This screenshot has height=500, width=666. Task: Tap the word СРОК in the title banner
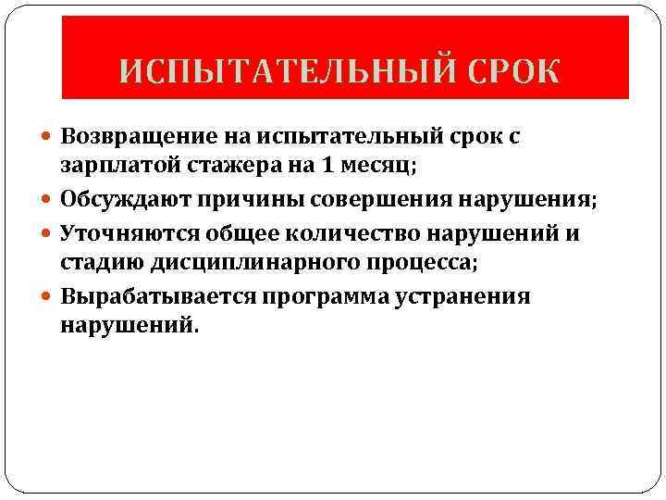[517, 71]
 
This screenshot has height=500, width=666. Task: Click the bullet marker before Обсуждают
[47, 200]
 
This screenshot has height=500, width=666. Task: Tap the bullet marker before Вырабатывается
[47, 296]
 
